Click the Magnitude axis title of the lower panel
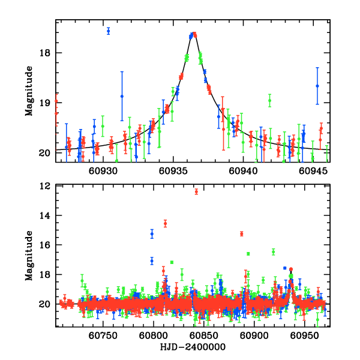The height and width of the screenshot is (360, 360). (29, 257)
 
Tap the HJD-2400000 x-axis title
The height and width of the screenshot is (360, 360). (193, 347)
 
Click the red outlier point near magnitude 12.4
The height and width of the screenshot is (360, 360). (196, 191)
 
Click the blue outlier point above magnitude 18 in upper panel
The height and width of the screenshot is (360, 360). (108, 31)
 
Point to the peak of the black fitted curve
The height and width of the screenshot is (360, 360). (194, 34)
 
